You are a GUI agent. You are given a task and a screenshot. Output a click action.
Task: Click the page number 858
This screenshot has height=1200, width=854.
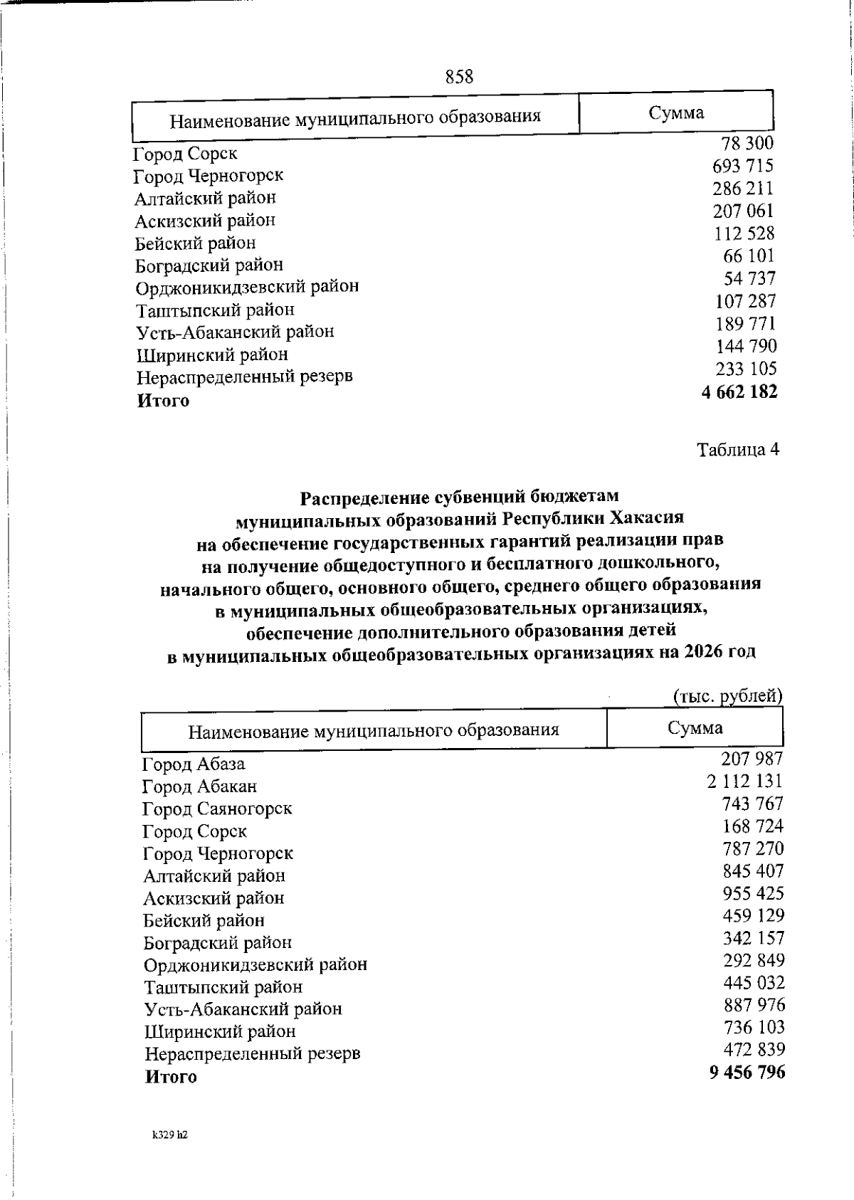[460, 76]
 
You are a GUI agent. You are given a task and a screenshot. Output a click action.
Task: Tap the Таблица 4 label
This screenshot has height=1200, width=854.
[738, 450]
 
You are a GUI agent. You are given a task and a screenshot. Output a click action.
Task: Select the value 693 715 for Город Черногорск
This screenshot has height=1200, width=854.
[743, 166]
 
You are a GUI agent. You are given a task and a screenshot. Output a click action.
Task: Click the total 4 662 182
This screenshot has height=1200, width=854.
[739, 392]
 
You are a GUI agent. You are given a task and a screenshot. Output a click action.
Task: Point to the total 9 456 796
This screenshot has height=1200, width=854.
[747, 1072]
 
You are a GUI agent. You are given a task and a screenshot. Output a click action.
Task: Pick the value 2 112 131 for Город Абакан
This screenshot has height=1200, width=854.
[745, 781]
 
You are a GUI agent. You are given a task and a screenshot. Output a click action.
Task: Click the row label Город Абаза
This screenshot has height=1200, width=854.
[194, 764]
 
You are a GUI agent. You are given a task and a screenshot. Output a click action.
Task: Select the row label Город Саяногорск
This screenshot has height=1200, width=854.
[217, 809]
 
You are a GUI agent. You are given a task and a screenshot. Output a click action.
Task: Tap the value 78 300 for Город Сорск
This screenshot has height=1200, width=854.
[747, 143]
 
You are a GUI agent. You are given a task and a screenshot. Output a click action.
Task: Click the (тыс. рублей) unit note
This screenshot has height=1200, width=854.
[727, 696]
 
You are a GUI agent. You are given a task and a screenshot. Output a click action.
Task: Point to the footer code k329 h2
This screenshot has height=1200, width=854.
[169, 1135]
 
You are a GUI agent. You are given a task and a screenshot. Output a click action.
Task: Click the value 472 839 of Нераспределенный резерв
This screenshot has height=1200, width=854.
[754, 1049]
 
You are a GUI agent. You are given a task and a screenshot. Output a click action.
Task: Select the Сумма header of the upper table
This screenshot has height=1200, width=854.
[676, 113]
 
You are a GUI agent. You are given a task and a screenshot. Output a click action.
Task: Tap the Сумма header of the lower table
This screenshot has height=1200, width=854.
[695, 727]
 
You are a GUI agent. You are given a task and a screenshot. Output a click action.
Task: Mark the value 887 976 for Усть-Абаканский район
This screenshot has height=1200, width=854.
[754, 1005]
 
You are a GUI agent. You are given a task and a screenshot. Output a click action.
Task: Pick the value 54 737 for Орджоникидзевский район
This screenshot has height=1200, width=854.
[749, 278]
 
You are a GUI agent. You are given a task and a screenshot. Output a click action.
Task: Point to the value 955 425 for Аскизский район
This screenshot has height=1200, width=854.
[753, 893]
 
